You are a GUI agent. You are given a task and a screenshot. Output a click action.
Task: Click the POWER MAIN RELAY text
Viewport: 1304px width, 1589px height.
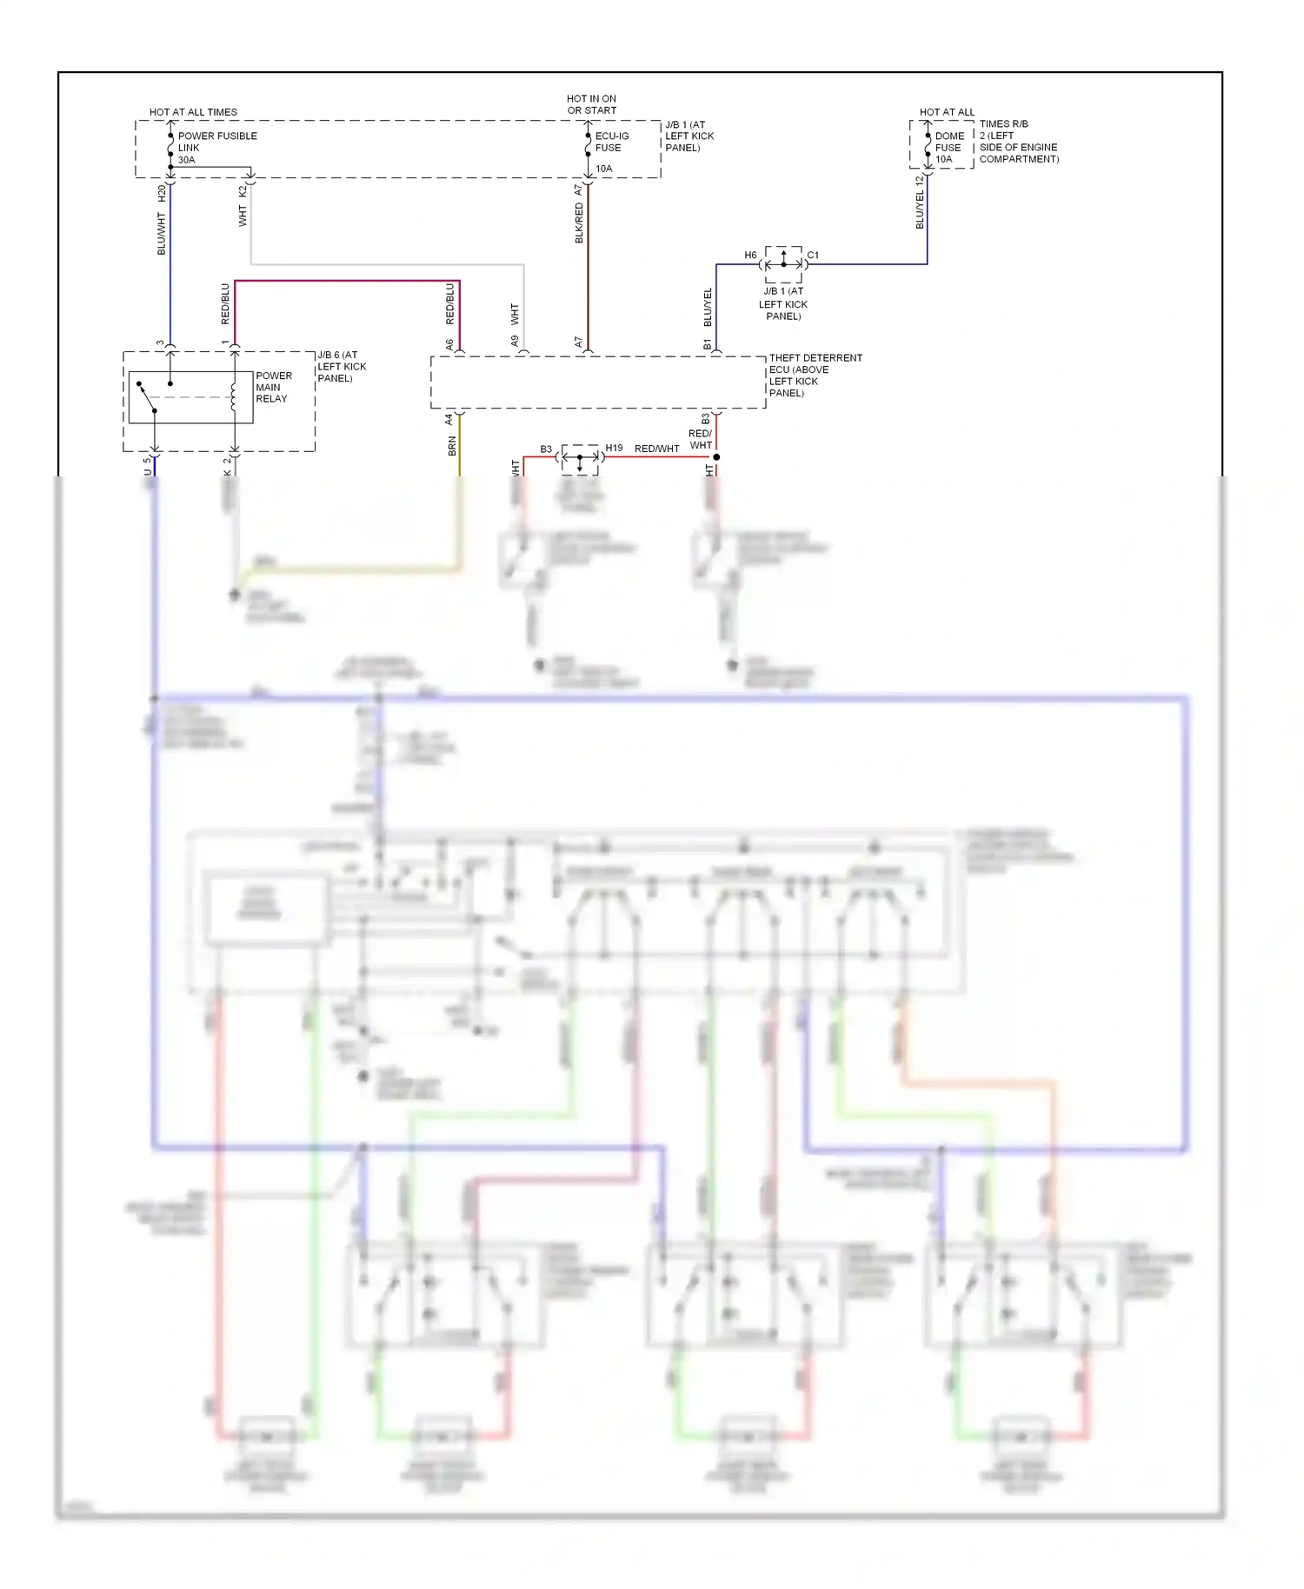[274, 387]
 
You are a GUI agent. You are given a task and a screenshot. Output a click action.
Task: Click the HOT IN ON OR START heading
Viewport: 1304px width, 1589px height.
[591, 104]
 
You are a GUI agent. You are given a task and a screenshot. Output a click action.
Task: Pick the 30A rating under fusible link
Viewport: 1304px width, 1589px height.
[186, 160]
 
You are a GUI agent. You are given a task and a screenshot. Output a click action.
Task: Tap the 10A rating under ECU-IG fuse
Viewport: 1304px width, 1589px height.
[603, 169]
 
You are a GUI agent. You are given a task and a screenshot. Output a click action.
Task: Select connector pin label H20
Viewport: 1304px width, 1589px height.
[162, 193]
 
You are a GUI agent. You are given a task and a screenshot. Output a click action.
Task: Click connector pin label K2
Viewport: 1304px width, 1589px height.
[243, 190]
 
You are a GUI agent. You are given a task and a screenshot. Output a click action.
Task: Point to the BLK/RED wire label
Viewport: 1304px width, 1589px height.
[579, 223]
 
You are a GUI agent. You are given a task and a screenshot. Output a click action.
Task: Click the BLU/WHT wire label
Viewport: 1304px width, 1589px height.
[162, 234]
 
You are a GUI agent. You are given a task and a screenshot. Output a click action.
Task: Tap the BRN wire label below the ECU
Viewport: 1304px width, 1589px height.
[451, 446]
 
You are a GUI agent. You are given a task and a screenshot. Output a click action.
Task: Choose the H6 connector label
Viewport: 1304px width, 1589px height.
[750, 255]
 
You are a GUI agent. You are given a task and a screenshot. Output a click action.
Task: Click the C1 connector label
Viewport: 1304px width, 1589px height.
[813, 255]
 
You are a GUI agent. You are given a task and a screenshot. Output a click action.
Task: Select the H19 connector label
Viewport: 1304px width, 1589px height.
[614, 448]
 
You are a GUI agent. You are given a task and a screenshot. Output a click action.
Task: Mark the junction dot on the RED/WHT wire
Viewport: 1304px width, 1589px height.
[716, 456]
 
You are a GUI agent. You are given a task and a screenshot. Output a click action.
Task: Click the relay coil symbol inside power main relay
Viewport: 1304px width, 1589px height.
[233, 396]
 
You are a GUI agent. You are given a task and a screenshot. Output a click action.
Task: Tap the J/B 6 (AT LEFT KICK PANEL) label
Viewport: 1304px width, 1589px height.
[341, 366]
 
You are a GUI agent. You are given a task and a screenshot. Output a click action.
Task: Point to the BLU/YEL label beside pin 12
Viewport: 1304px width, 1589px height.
[920, 209]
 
